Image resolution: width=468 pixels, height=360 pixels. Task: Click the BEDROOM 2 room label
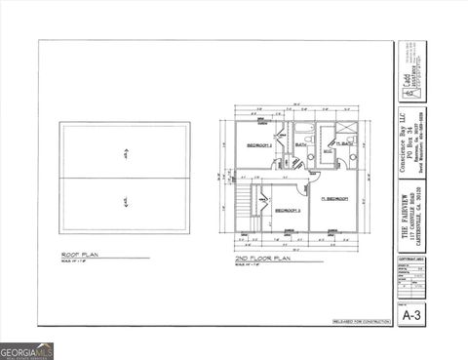click(258, 143)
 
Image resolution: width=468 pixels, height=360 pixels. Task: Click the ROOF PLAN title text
click(81, 256)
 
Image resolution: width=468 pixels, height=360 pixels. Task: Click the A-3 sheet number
click(411, 314)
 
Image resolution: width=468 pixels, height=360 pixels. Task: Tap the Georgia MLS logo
click(26, 351)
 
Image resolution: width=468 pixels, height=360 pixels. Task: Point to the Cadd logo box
click(411, 88)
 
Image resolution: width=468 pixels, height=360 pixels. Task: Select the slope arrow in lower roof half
click(126, 202)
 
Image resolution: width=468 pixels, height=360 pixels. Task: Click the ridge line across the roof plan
click(126, 178)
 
